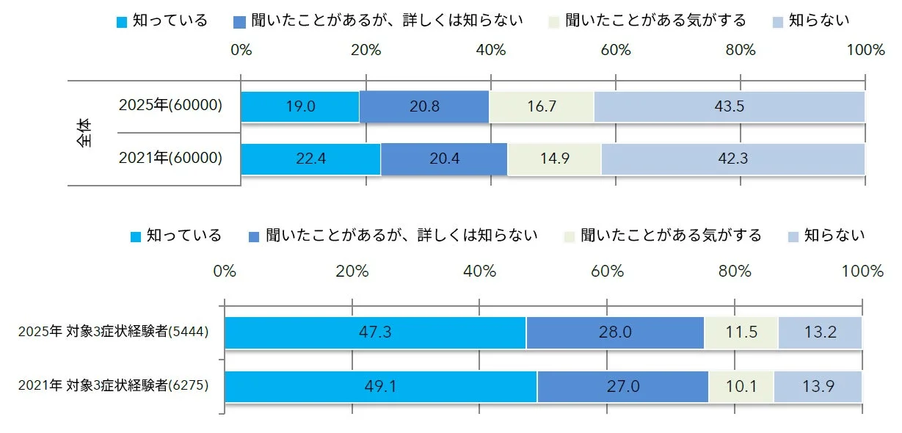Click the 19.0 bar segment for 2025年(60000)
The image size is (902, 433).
[299, 106]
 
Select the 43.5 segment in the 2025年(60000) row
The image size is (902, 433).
[729, 106]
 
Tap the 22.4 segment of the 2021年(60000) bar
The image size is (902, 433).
[310, 159]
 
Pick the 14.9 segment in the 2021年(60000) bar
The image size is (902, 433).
[554, 159]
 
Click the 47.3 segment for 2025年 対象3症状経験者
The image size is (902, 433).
[375, 332]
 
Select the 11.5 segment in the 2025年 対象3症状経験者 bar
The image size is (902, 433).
[741, 332]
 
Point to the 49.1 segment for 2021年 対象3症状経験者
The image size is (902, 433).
[380, 386]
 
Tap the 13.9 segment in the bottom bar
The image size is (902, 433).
[818, 386]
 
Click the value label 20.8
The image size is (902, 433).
[425, 106]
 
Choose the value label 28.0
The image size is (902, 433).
[615, 332]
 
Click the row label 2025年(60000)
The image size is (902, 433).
[170, 106]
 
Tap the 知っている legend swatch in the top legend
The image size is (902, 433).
[123, 21]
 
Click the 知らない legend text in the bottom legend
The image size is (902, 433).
[834, 236]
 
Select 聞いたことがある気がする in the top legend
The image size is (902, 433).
[657, 21]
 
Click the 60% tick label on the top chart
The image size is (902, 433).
[616, 50]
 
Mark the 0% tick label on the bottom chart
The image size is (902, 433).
[225, 271]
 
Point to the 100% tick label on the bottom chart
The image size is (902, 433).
[862, 271]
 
